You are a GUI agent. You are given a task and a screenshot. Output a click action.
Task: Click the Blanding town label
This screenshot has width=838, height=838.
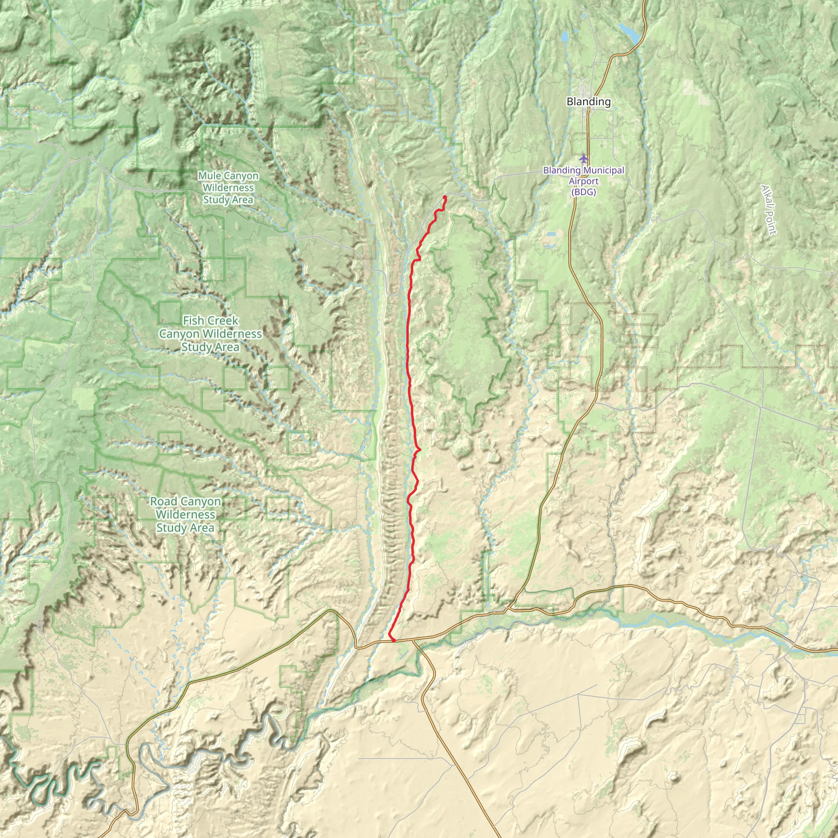coord(588,101)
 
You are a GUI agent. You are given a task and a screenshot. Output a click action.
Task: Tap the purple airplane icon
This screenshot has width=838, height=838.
coord(584,158)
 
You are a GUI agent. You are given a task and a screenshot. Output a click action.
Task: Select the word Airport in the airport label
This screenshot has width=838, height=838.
coord(584,181)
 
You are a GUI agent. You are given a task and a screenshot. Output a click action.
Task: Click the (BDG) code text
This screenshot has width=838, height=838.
coord(583,192)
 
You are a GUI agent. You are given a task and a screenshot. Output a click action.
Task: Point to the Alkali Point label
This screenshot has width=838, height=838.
coord(768,210)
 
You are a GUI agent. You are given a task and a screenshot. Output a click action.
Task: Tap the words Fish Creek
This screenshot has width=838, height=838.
coord(210,320)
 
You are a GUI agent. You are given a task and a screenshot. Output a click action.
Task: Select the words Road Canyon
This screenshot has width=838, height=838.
coord(185,501)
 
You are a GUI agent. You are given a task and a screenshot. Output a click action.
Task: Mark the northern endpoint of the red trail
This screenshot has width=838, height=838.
coord(445,197)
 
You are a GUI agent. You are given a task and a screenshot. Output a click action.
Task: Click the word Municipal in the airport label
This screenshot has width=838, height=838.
coord(603,171)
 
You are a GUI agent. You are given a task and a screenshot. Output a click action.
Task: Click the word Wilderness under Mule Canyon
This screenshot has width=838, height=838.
coord(228,188)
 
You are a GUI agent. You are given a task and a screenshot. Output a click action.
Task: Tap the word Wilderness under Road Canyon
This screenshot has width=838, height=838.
coord(185,514)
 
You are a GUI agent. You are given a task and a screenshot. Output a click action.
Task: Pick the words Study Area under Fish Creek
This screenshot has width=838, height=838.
coord(210,347)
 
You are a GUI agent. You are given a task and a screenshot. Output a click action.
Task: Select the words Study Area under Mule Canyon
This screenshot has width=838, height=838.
coord(228,200)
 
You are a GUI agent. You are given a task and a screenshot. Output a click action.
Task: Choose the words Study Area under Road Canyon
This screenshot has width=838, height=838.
coord(185,528)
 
